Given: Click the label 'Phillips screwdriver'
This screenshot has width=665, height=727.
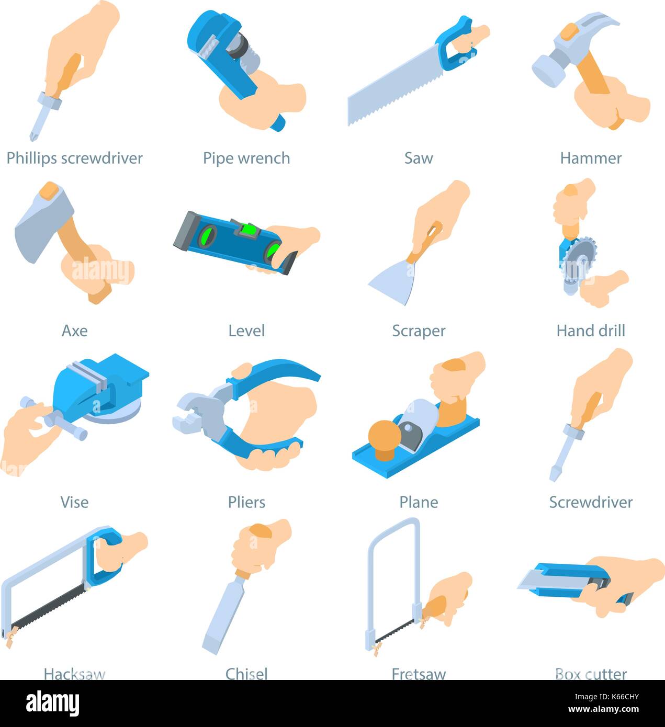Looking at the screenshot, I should click(74, 158).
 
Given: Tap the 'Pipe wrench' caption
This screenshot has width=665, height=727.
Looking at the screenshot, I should click(246, 158).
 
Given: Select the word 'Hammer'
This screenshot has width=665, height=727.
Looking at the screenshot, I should click(591, 158).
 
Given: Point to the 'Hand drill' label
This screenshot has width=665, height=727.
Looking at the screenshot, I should click(591, 331).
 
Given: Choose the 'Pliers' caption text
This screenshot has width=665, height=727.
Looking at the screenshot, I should click(246, 502).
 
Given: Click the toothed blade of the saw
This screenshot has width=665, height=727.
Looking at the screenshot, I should click(392, 89).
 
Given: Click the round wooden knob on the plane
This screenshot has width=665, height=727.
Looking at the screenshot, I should click(385, 437).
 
